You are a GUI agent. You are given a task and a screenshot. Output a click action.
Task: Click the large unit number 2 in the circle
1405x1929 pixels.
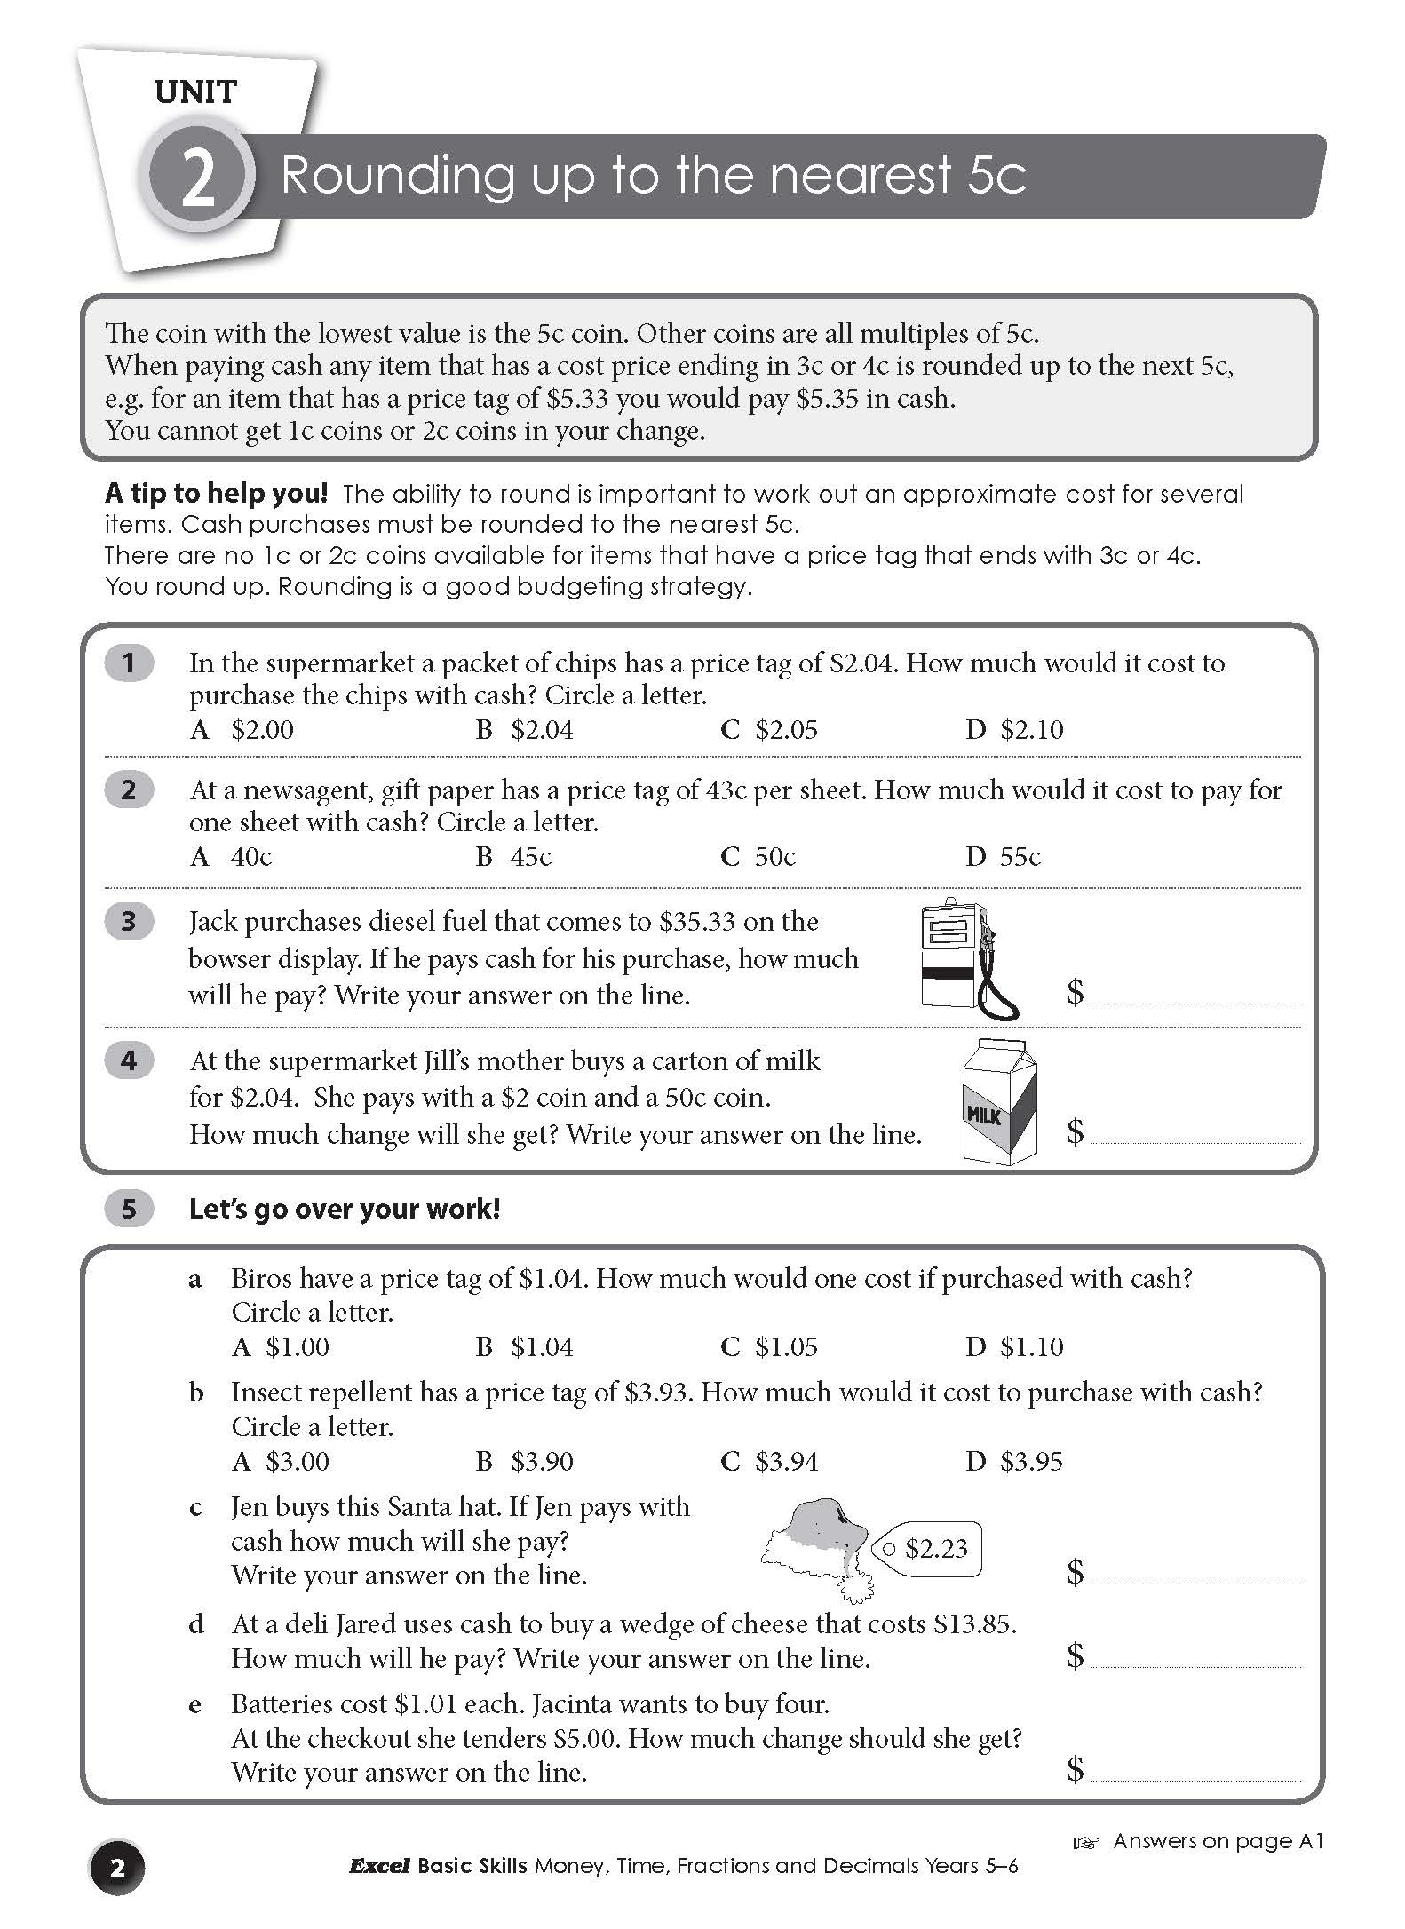pyautogui.click(x=197, y=177)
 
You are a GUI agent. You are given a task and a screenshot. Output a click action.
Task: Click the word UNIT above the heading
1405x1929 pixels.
pyautogui.click(x=195, y=92)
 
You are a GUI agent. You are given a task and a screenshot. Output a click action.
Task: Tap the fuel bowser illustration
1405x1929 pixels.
pyautogui.click(x=969, y=958)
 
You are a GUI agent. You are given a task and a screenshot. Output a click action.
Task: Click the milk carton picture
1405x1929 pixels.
pyautogui.click(x=1001, y=1101)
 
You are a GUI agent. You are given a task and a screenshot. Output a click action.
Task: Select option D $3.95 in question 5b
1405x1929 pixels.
pyautogui.click(x=1014, y=1461)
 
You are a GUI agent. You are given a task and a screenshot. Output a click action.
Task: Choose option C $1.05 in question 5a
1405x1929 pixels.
pyautogui.click(x=769, y=1347)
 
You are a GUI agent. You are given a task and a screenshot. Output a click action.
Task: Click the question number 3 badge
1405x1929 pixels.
pyautogui.click(x=129, y=921)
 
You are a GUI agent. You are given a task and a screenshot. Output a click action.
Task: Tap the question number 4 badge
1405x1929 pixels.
pyautogui.click(x=129, y=1060)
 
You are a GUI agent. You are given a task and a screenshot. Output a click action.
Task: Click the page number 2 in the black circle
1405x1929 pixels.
pyautogui.click(x=116, y=1868)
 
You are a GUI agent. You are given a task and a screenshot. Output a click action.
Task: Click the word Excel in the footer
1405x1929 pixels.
pyautogui.click(x=379, y=1867)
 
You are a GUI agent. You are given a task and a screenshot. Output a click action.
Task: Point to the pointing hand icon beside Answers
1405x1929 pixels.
pyautogui.click(x=1086, y=1843)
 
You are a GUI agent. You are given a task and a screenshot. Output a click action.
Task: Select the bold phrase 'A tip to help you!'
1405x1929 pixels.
pyautogui.click(x=217, y=494)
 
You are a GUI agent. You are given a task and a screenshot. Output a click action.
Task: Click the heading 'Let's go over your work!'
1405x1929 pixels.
pyautogui.click(x=345, y=1209)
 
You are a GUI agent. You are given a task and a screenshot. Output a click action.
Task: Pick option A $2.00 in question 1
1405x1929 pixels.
pyautogui.click(x=242, y=730)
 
